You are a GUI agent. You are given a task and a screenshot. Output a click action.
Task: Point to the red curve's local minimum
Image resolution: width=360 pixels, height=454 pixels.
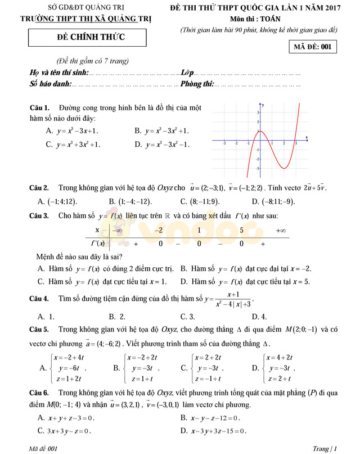tap(285, 168)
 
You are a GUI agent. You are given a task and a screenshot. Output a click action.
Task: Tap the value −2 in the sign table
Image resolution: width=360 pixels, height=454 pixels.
tap(159, 230)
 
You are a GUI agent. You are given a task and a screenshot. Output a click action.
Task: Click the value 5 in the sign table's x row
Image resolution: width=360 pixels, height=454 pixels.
tap(241, 230)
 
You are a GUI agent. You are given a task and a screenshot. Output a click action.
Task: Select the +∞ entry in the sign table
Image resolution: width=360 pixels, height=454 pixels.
tap(281, 230)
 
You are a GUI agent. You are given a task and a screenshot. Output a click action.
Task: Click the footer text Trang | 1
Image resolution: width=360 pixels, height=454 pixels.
tap(325, 448)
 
